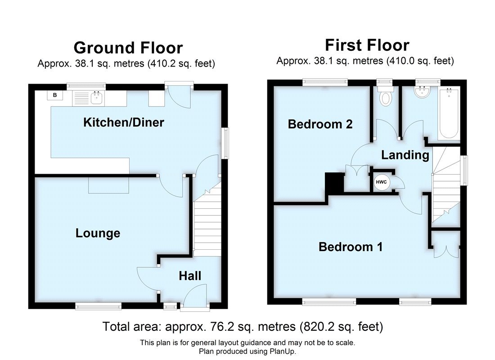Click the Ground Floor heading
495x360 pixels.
tap(128, 48)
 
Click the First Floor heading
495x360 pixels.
tap(367, 45)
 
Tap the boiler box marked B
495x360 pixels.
tap(55, 95)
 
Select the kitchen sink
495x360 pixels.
tap(96, 96)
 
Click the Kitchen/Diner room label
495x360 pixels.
tap(123, 122)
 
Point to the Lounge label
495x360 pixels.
tap(98, 233)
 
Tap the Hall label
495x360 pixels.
tap(190, 276)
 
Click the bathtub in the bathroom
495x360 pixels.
tap(450, 113)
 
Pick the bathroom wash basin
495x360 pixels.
tap(423, 94)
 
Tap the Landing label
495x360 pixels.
tap(405, 155)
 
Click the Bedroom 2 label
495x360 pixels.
tap(320, 124)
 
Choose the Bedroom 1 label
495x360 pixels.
tap(351, 247)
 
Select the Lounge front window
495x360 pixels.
tap(98, 306)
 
